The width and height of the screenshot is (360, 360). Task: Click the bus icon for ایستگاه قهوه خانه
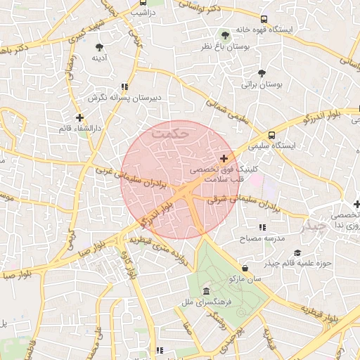click(x=264, y=20)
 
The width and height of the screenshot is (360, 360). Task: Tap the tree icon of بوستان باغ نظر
click(x=225, y=34)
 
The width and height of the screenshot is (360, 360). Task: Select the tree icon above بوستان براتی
click(x=262, y=73)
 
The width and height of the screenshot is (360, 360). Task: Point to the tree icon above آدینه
click(x=98, y=47)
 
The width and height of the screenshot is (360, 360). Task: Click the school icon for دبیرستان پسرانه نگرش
click(x=124, y=86)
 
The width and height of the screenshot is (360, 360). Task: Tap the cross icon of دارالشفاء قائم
click(x=80, y=117)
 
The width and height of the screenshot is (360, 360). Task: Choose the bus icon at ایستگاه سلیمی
click(x=271, y=135)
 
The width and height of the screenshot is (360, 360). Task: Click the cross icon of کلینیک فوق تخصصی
click(x=224, y=158)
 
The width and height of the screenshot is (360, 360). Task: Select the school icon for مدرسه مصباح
click(x=262, y=227)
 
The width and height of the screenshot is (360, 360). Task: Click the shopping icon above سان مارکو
click(x=245, y=268)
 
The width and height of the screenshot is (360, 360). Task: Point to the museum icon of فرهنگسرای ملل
click(x=206, y=291)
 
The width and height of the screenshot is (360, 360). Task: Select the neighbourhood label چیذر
click(x=314, y=226)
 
